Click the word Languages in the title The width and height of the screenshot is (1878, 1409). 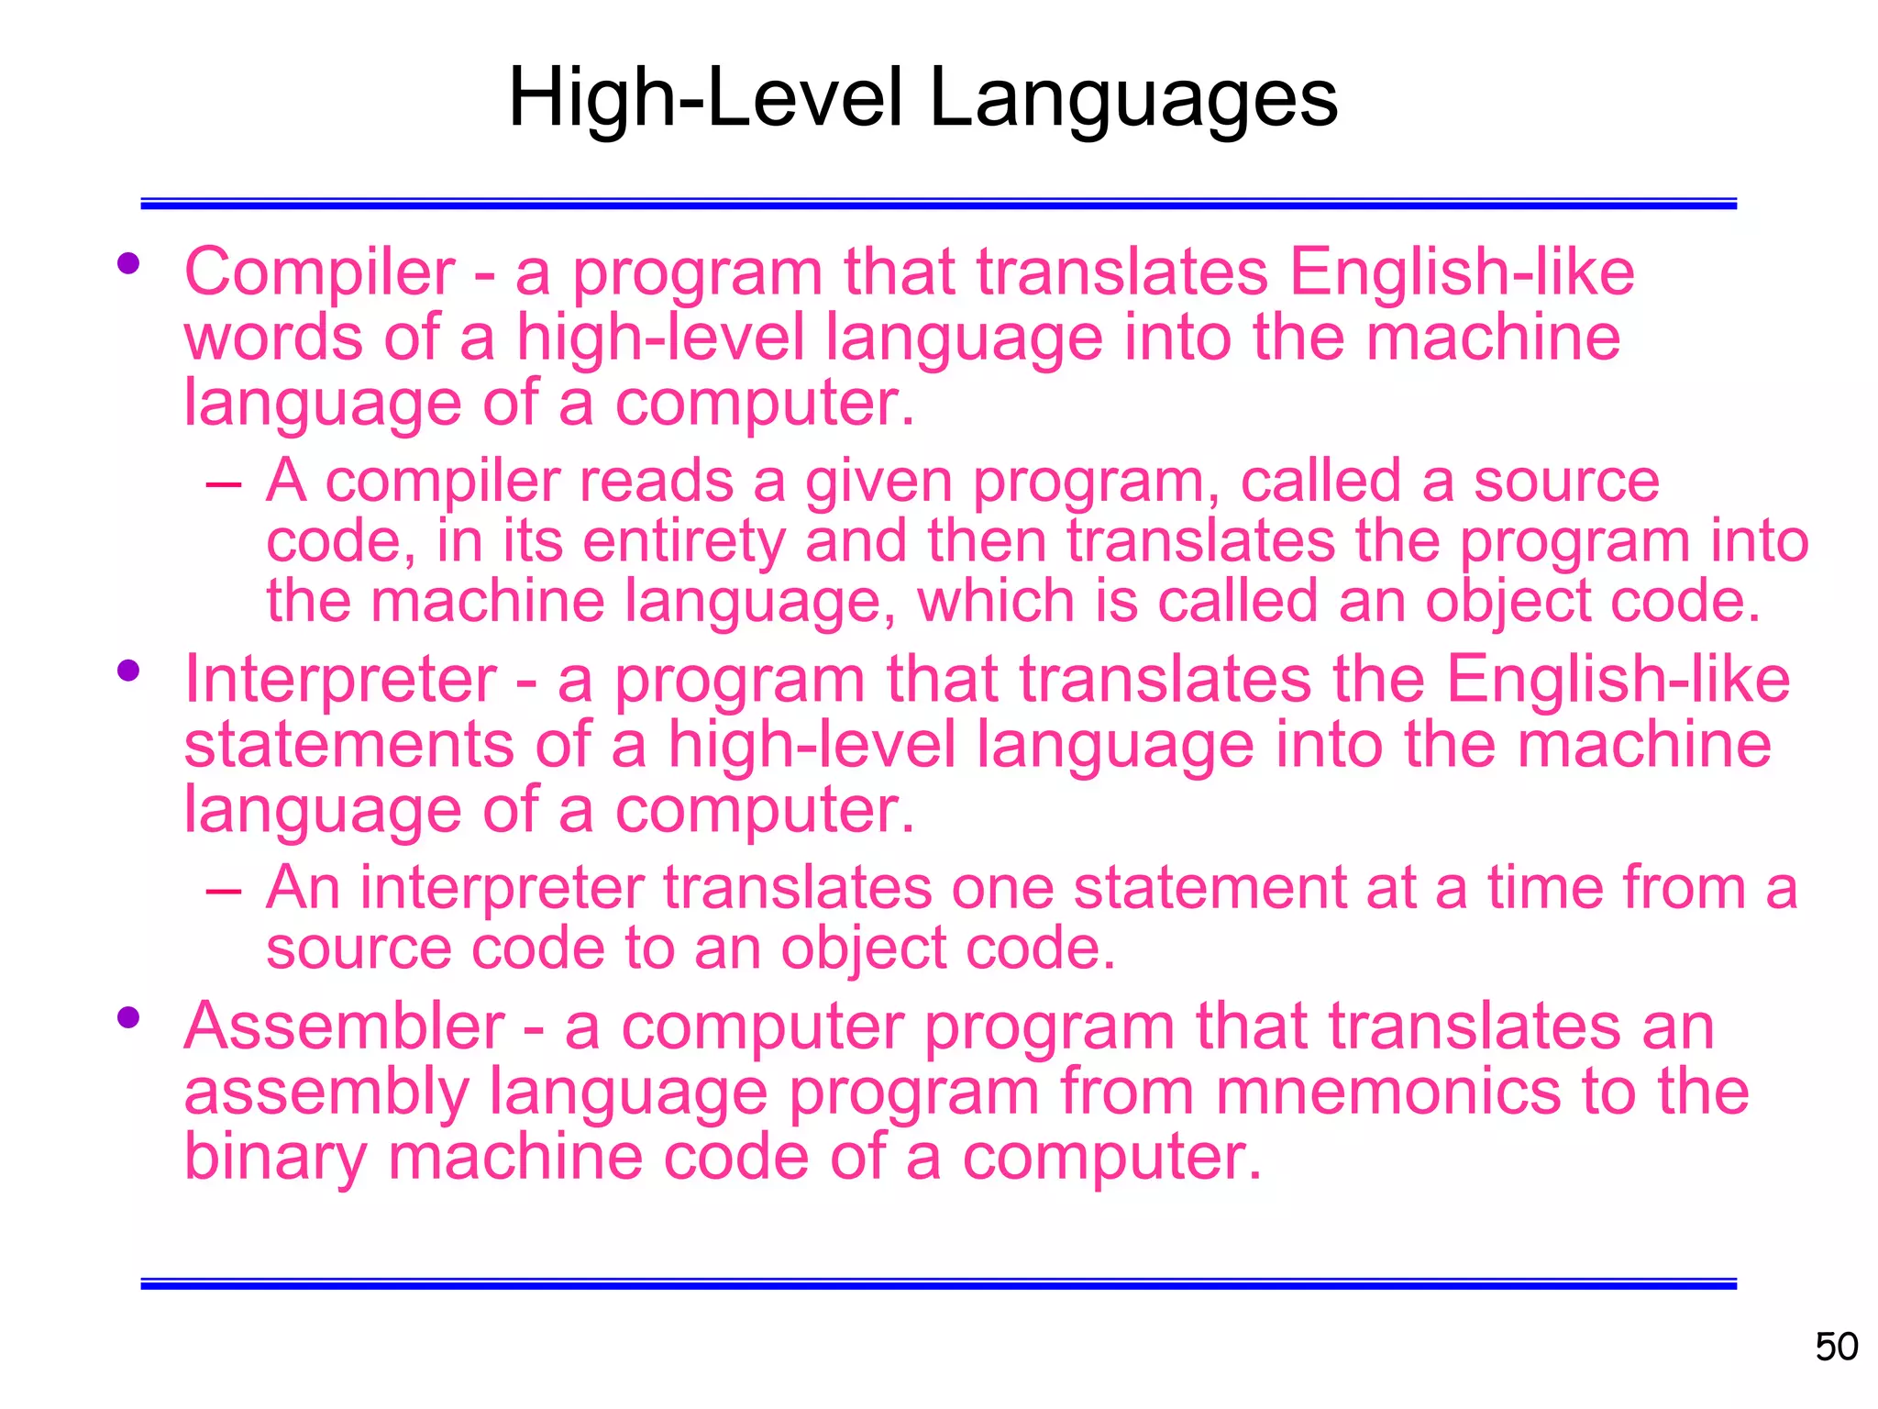pos(1133,99)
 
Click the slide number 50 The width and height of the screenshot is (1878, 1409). pos(1836,1347)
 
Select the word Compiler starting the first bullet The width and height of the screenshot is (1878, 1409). pos(319,273)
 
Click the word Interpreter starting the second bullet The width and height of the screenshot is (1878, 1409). pos(340,681)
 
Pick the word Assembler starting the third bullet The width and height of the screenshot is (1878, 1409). pos(344,1026)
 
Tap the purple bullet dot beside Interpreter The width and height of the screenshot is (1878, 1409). pos(128,671)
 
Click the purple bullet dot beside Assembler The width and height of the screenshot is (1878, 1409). pos(128,1017)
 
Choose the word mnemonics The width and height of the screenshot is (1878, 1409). pos(1388,1092)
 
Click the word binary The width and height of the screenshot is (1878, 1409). pos(275,1157)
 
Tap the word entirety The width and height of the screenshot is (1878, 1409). pos(684,541)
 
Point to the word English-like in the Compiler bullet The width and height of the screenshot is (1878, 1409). pos(1462,273)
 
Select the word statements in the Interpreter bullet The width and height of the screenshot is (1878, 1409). pos(349,745)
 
